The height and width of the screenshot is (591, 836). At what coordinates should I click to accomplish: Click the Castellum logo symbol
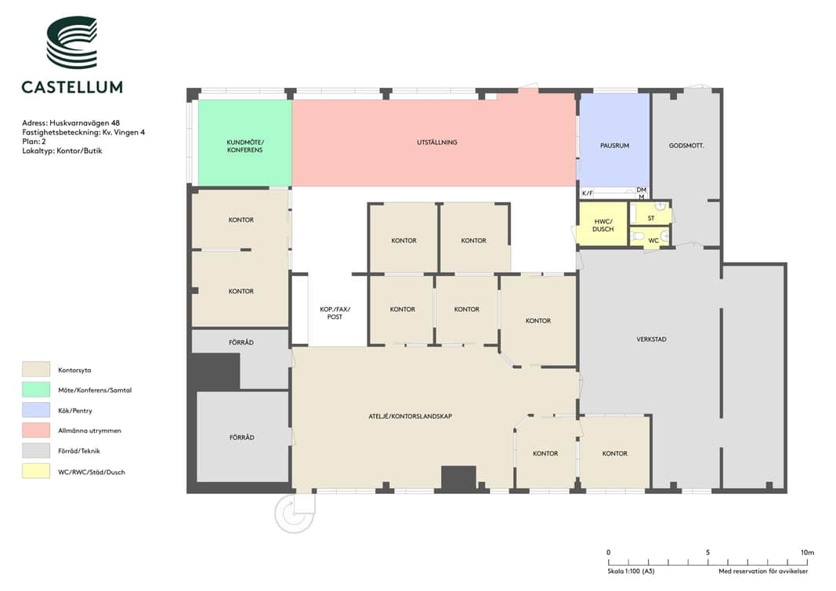(72, 42)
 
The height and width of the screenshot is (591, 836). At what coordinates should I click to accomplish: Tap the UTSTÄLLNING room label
(436, 143)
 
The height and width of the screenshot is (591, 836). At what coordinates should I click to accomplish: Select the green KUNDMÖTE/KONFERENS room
(244, 143)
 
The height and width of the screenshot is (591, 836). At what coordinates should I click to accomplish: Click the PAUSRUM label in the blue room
(614, 146)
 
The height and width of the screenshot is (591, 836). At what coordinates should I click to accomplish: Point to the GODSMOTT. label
(686, 146)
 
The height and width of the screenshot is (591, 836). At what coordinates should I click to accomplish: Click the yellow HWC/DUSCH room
(603, 223)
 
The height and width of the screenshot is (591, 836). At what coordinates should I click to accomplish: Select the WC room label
(653, 241)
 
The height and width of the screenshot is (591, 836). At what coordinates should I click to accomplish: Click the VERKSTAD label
(651, 339)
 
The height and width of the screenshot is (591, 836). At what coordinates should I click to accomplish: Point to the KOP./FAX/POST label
(335, 313)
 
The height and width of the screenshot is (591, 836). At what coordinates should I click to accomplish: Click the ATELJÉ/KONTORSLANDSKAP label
(410, 416)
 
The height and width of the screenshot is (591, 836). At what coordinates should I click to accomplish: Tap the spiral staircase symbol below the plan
(294, 513)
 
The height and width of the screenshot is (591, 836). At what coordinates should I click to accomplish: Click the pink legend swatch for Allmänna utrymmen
(36, 430)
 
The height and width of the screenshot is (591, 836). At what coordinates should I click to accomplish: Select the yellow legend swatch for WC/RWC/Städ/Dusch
(36, 472)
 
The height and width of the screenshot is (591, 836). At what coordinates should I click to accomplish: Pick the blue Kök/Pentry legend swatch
(36, 410)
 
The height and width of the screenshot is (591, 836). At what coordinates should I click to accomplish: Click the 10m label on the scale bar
(807, 553)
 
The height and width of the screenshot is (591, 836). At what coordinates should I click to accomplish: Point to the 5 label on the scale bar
(708, 553)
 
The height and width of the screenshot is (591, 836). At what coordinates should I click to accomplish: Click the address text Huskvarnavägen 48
(85, 123)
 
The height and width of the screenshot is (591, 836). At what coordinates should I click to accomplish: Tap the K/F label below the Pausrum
(587, 193)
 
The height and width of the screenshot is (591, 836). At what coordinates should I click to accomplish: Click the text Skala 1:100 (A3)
(631, 571)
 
